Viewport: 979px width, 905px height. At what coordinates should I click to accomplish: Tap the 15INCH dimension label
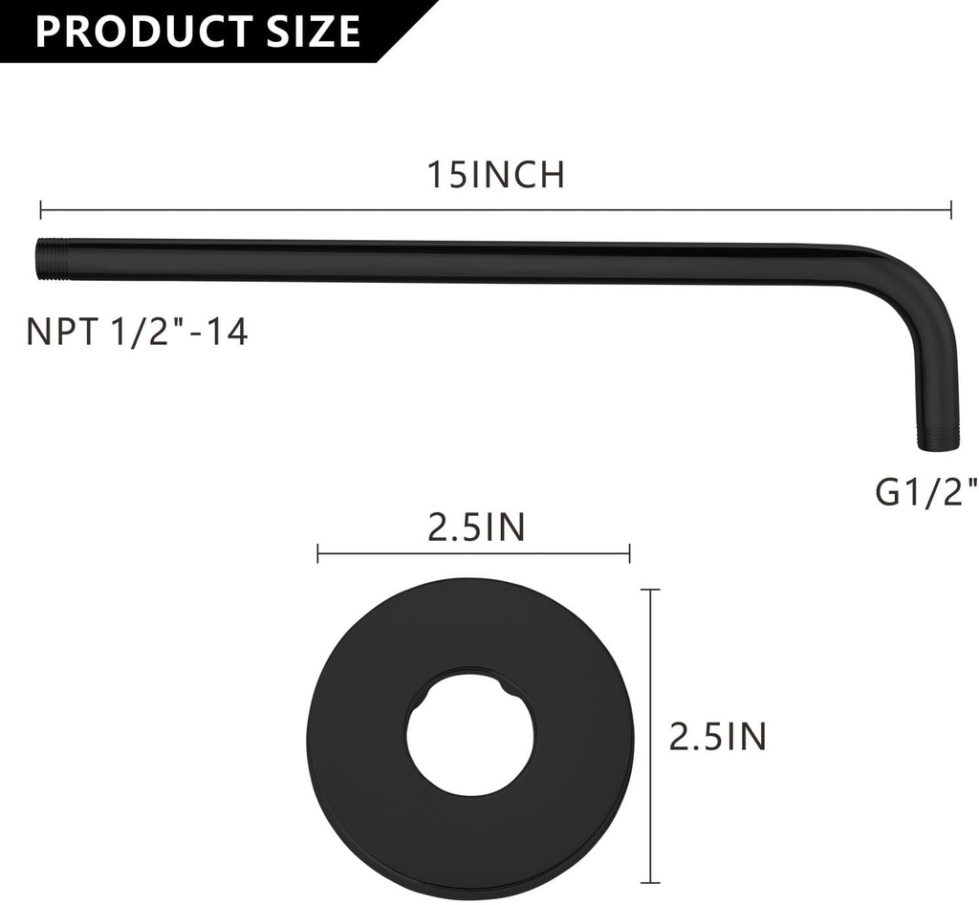(x=495, y=175)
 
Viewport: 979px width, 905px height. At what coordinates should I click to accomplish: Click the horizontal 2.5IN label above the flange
(x=476, y=527)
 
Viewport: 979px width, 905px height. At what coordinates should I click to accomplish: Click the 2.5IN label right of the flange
(x=717, y=737)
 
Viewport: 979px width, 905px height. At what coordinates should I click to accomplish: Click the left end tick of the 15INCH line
(x=41, y=209)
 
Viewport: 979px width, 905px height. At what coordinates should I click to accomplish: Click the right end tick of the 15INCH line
(x=950, y=209)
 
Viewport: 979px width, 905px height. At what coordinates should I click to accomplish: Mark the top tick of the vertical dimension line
(x=652, y=591)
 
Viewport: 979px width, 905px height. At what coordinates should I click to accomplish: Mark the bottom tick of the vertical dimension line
(x=652, y=881)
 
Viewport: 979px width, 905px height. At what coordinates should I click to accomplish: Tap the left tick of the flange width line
(x=318, y=552)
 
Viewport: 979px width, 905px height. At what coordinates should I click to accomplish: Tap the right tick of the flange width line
(x=629, y=552)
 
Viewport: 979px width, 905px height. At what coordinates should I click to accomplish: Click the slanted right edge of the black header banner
(x=405, y=32)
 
